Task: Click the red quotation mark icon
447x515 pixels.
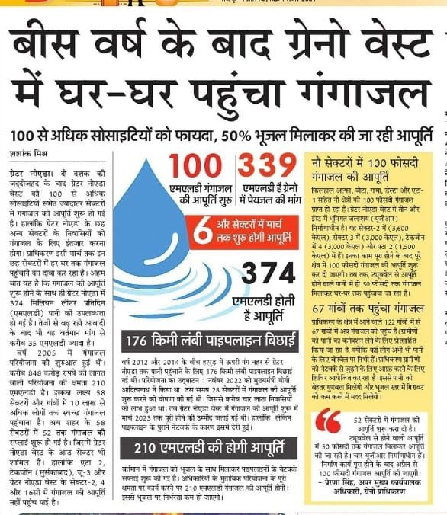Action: point(329,420)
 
